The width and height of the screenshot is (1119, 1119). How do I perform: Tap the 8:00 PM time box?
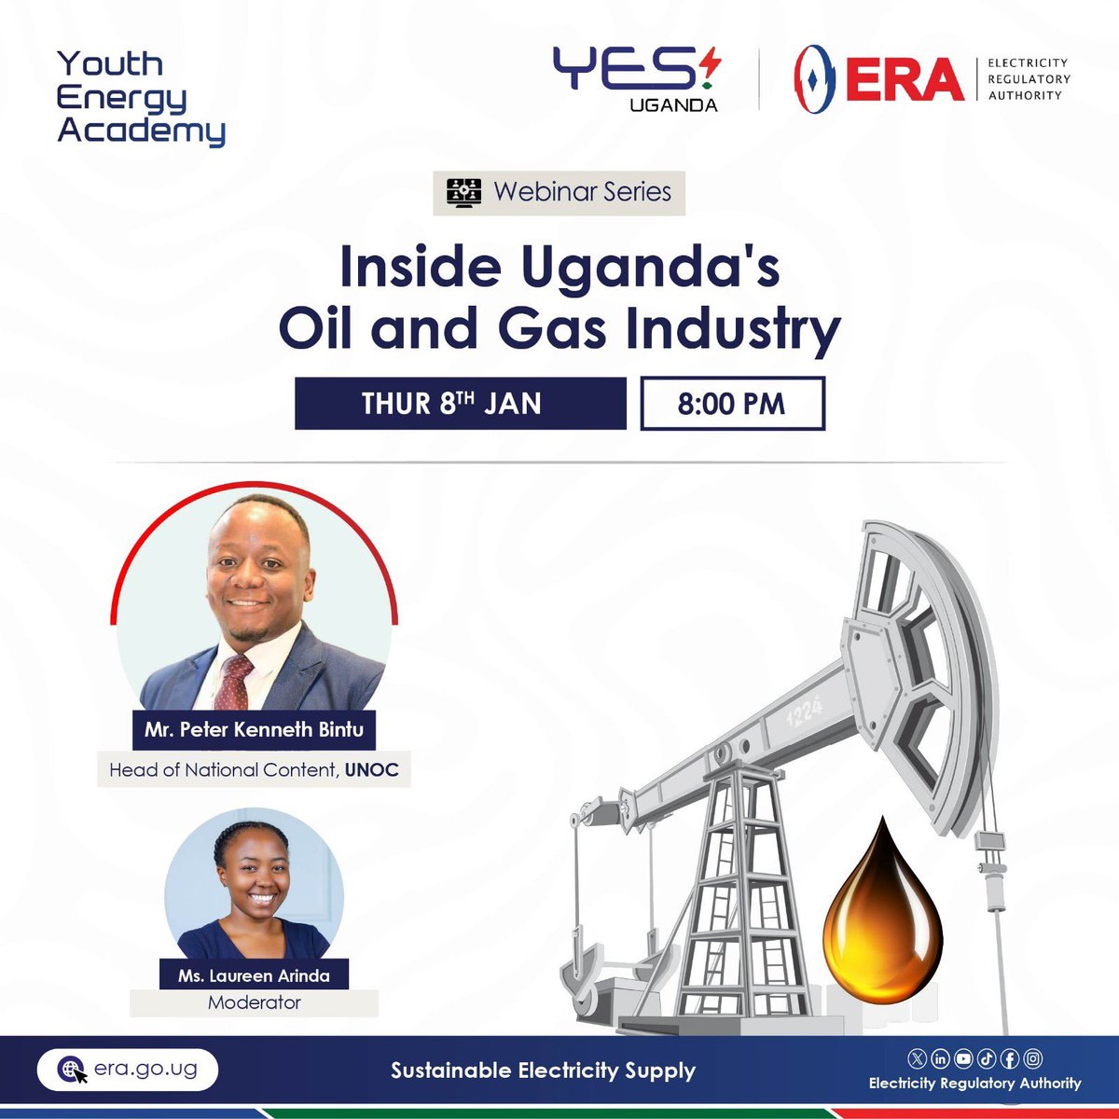(x=732, y=403)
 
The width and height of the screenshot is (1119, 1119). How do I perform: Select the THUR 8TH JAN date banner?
(x=460, y=403)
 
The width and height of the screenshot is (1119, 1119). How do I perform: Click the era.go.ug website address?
(x=145, y=1069)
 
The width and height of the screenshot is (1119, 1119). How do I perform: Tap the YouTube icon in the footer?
(x=963, y=1058)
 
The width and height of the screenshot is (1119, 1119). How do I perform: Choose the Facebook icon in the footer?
(x=1009, y=1058)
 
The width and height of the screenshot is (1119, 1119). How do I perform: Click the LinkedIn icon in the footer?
(x=940, y=1058)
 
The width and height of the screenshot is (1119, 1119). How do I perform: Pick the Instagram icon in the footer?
(x=1032, y=1058)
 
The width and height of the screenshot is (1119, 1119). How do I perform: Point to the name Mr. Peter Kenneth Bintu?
(x=254, y=729)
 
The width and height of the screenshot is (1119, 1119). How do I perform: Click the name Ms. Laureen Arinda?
(x=254, y=976)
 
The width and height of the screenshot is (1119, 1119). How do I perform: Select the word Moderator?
(x=254, y=1003)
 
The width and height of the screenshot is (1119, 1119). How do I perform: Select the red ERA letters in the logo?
(x=905, y=79)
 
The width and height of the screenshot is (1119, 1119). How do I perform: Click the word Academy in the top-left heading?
(x=142, y=131)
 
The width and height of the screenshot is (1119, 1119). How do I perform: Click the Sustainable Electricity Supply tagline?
(x=543, y=1071)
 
